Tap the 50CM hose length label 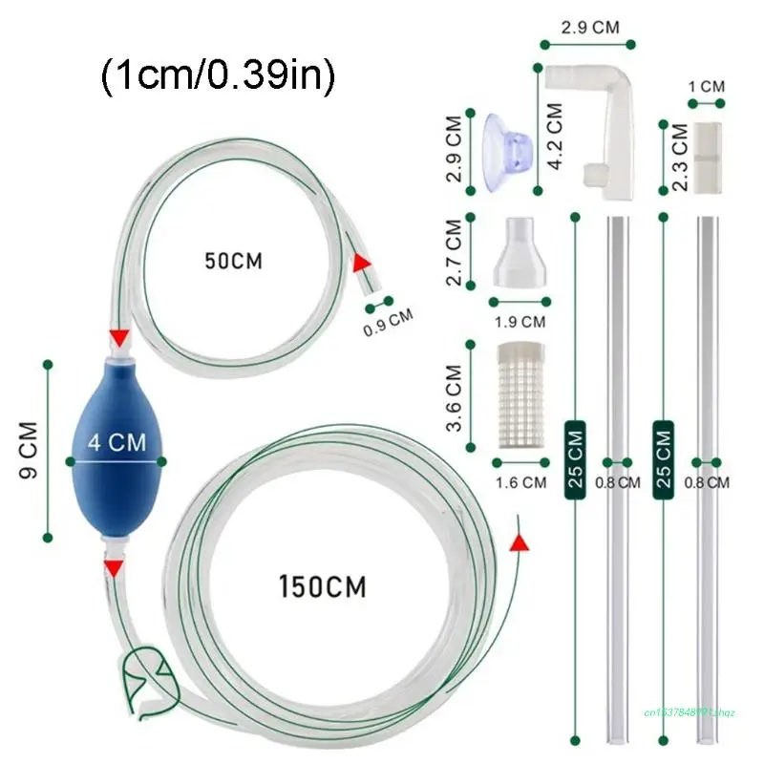click(x=234, y=260)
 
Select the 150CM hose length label click(x=323, y=584)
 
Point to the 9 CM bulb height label click(x=28, y=451)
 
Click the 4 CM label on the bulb click(x=116, y=442)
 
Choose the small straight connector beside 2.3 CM click(x=707, y=157)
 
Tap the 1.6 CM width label click(x=520, y=482)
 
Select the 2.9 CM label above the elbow click(x=587, y=27)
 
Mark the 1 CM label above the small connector click(x=707, y=87)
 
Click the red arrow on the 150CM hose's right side click(x=519, y=542)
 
